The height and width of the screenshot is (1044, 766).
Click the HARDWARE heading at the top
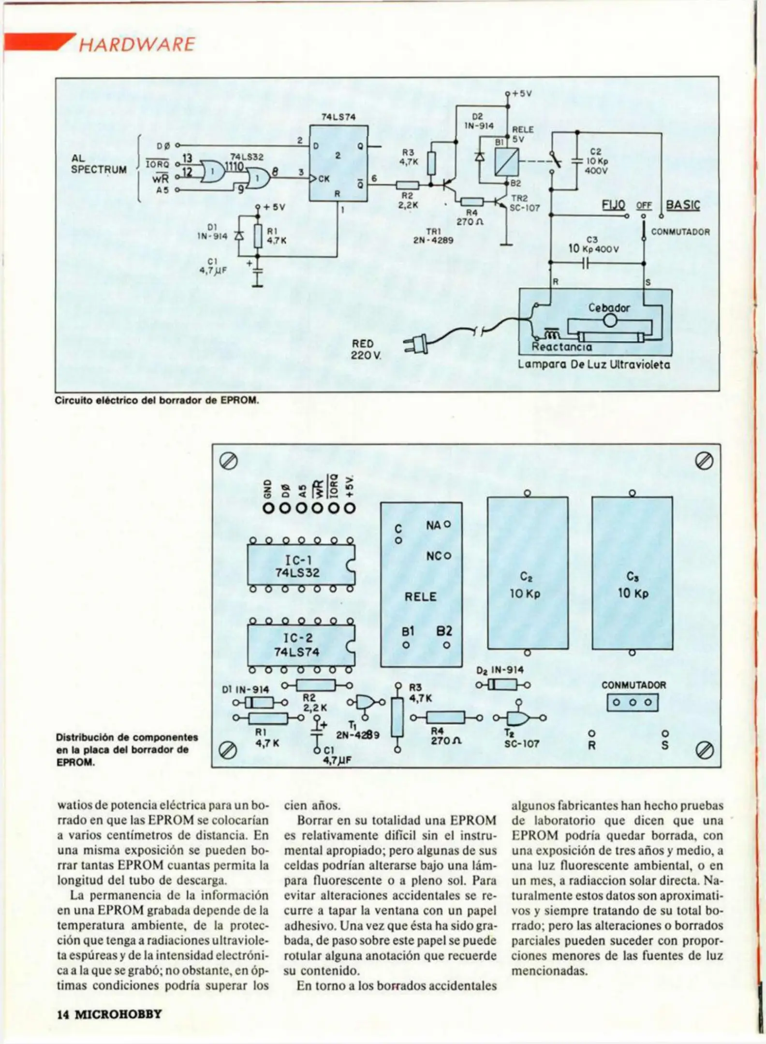coord(136,45)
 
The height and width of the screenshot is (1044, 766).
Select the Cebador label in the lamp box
coord(609,308)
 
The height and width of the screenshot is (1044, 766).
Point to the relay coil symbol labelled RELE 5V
coord(506,162)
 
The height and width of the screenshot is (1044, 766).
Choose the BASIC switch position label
coord(683,205)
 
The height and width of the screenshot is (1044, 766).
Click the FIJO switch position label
coord(613,205)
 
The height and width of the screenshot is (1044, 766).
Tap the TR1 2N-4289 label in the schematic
coord(433,235)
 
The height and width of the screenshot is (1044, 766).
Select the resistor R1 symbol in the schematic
coord(258,235)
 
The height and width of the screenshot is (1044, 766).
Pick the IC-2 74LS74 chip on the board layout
coord(301,645)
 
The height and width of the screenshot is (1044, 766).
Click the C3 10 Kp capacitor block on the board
coord(632,573)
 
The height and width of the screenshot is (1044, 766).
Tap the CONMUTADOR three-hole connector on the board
coord(633,702)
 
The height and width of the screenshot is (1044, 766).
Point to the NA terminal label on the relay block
coord(433,524)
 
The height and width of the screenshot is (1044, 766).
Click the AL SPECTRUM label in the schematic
coord(99,164)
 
